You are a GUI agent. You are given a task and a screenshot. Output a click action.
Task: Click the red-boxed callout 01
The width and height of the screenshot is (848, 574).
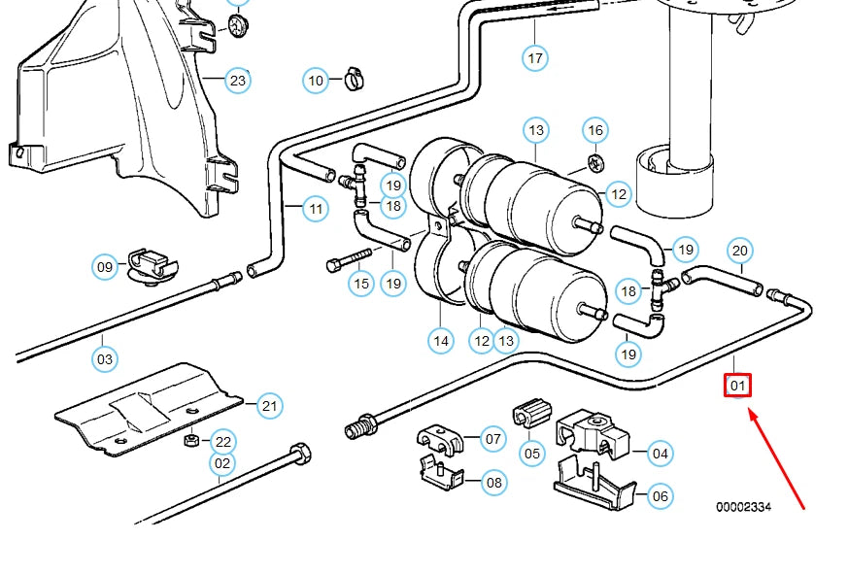click(x=738, y=386)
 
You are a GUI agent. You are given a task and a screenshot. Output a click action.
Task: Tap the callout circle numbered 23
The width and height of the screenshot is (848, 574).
click(x=238, y=80)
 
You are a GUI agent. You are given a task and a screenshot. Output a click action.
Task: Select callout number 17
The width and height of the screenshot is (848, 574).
click(x=535, y=58)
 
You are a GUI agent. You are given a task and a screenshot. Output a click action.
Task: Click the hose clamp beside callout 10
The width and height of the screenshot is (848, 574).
click(x=352, y=80)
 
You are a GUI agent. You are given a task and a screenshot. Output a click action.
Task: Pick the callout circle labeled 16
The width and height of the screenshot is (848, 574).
click(x=595, y=130)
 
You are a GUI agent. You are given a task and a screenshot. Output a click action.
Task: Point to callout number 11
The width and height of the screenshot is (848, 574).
click(x=315, y=208)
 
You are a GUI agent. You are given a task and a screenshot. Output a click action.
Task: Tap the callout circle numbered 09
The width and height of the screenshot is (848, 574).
click(x=105, y=266)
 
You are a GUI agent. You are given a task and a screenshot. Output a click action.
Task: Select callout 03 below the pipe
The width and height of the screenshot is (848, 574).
click(x=105, y=359)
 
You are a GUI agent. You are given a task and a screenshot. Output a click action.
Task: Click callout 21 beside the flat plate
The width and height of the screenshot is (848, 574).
click(x=270, y=406)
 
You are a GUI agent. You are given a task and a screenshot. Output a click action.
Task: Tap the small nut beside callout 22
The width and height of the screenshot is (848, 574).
click(x=191, y=441)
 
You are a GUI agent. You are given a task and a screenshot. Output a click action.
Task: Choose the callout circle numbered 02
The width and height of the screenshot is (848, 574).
click(x=222, y=463)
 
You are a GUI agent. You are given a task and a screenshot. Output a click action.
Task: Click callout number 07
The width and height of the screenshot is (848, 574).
click(x=493, y=440)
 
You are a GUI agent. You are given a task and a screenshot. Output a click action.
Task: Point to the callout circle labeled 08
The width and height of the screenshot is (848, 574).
click(x=493, y=482)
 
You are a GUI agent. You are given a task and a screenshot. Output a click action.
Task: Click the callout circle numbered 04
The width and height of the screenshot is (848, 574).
click(x=661, y=453)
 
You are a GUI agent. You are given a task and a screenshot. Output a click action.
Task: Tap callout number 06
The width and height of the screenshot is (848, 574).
click(x=661, y=496)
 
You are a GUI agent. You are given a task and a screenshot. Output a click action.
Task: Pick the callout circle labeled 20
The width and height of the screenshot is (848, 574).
click(x=740, y=251)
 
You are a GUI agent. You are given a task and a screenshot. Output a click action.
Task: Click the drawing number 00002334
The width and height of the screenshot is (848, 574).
click(x=744, y=507)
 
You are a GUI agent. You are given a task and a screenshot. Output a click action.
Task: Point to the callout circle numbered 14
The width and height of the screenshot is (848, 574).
click(x=441, y=340)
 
